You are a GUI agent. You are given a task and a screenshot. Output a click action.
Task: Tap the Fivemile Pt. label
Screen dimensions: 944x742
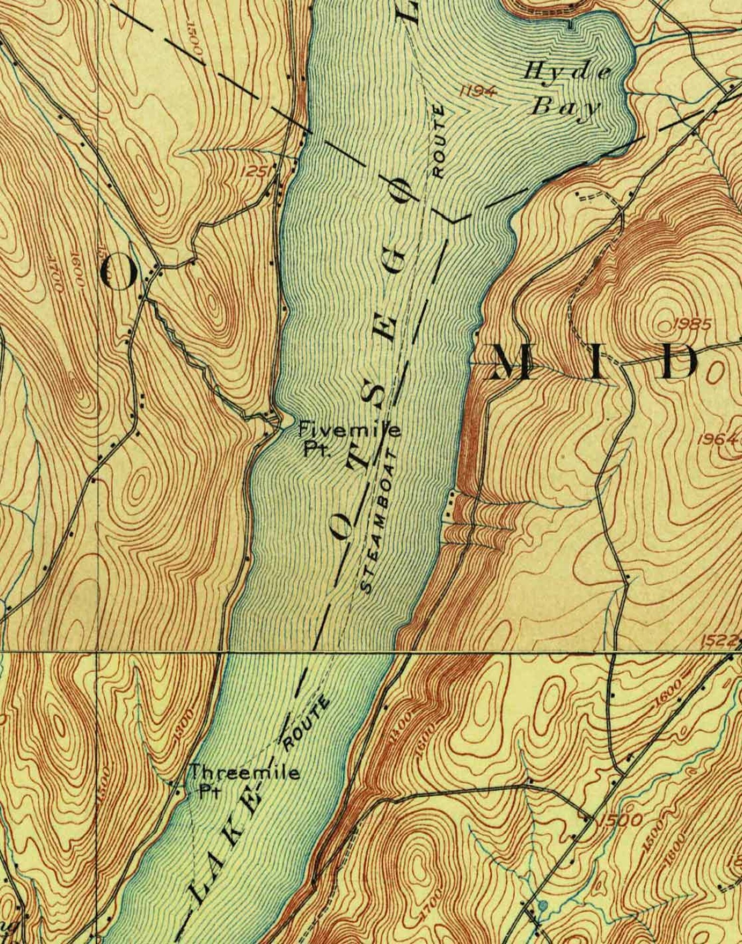(350, 437)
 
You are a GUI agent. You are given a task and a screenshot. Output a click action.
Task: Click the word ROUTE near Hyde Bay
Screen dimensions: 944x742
(438, 141)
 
